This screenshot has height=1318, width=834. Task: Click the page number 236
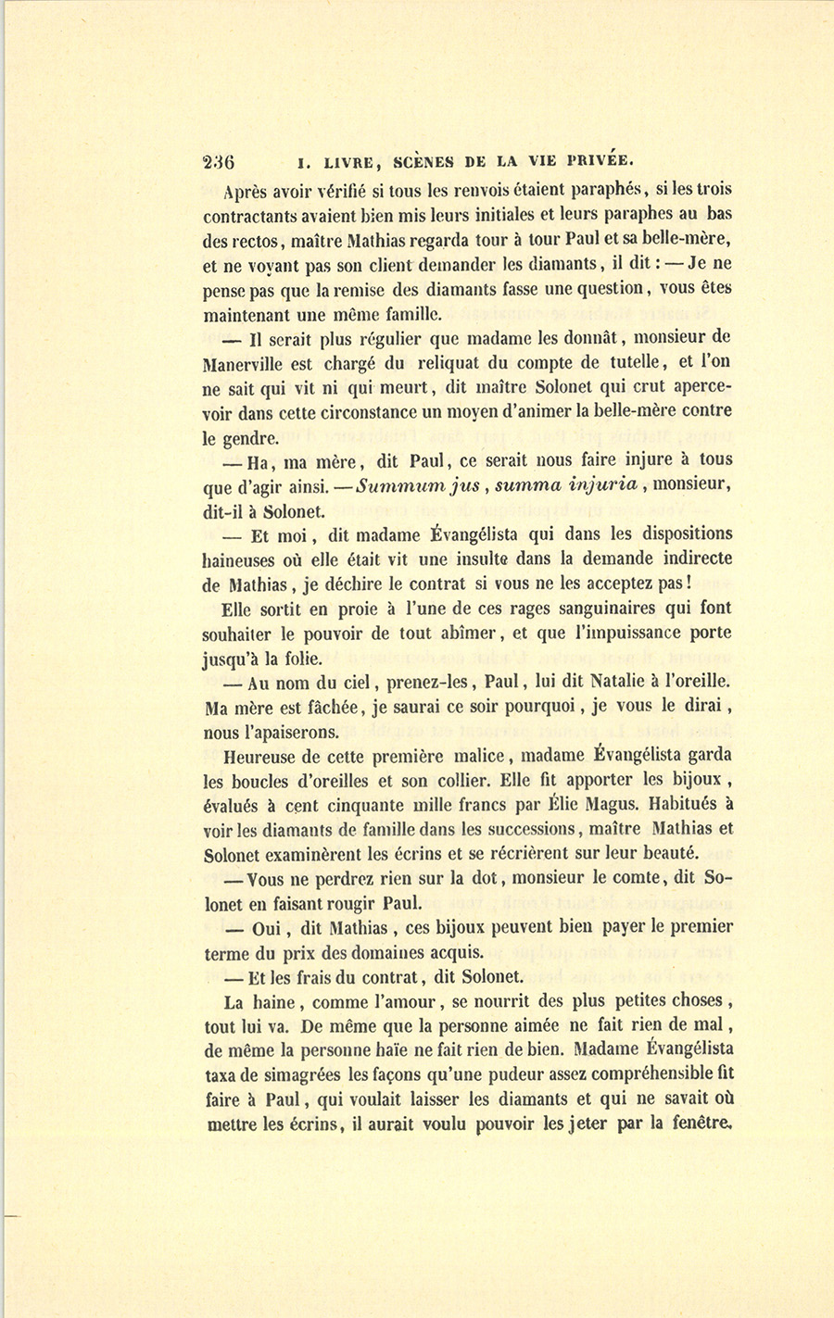221,158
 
